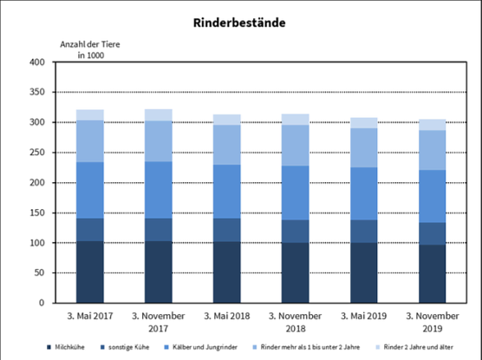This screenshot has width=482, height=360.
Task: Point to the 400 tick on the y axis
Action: pyautogui.click(x=36, y=63)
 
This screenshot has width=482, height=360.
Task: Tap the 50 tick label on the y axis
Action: pyautogui.click(x=39, y=273)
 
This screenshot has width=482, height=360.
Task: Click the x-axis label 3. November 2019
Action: pyautogui.click(x=432, y=322)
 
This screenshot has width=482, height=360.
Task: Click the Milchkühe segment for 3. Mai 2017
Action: pyautogui.click(x=89, y=272)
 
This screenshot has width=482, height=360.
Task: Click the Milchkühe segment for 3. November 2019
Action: pyautogui.click(x=432, y=274)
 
